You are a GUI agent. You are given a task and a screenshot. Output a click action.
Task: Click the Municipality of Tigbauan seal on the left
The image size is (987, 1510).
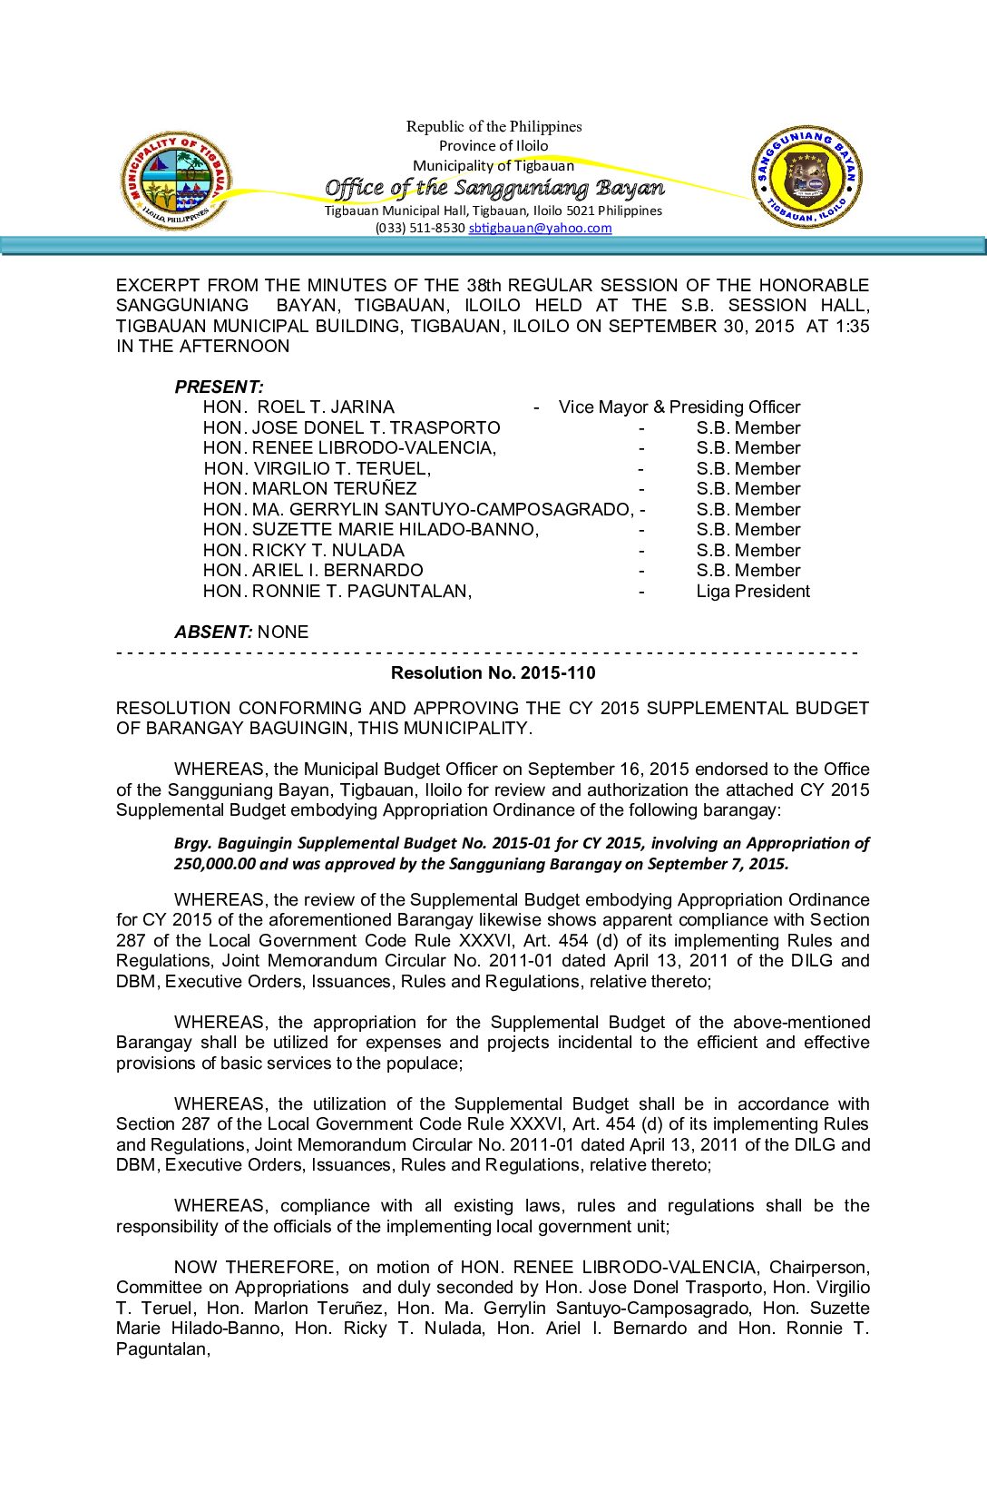pos(175,180)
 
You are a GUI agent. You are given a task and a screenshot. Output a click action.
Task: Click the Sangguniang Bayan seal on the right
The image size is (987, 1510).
pos(806,177)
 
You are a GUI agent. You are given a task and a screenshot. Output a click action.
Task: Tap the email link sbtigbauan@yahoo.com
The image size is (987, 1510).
pos(540,228)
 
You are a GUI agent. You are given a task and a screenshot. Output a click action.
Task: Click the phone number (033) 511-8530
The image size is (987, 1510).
pos(420,228)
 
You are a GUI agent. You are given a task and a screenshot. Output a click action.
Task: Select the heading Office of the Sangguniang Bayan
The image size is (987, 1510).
pos(494,188)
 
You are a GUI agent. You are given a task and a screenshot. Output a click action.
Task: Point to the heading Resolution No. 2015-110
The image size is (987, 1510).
pos(493,672)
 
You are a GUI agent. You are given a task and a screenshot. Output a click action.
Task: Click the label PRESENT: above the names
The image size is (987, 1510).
pos(219,387)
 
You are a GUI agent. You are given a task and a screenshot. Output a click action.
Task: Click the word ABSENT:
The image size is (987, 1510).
pos(213,632)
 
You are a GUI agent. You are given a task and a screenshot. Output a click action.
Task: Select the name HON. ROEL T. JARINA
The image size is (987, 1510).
pos(298,407)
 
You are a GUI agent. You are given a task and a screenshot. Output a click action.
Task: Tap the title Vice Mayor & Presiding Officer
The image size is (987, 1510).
pos(679,407)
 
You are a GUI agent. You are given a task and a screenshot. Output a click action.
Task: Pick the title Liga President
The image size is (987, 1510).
pos(753,592)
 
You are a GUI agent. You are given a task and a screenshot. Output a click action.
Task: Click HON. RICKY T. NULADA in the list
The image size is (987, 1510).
pos(303,551)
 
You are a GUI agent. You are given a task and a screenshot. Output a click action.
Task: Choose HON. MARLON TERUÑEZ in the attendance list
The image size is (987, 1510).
pos(309,489)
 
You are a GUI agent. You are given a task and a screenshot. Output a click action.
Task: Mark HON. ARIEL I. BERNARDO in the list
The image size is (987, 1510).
pos(313,571)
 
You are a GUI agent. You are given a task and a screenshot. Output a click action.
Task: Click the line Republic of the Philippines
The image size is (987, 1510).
pos(493,126)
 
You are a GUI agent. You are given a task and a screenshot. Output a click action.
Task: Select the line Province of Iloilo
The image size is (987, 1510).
pos(493,145)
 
